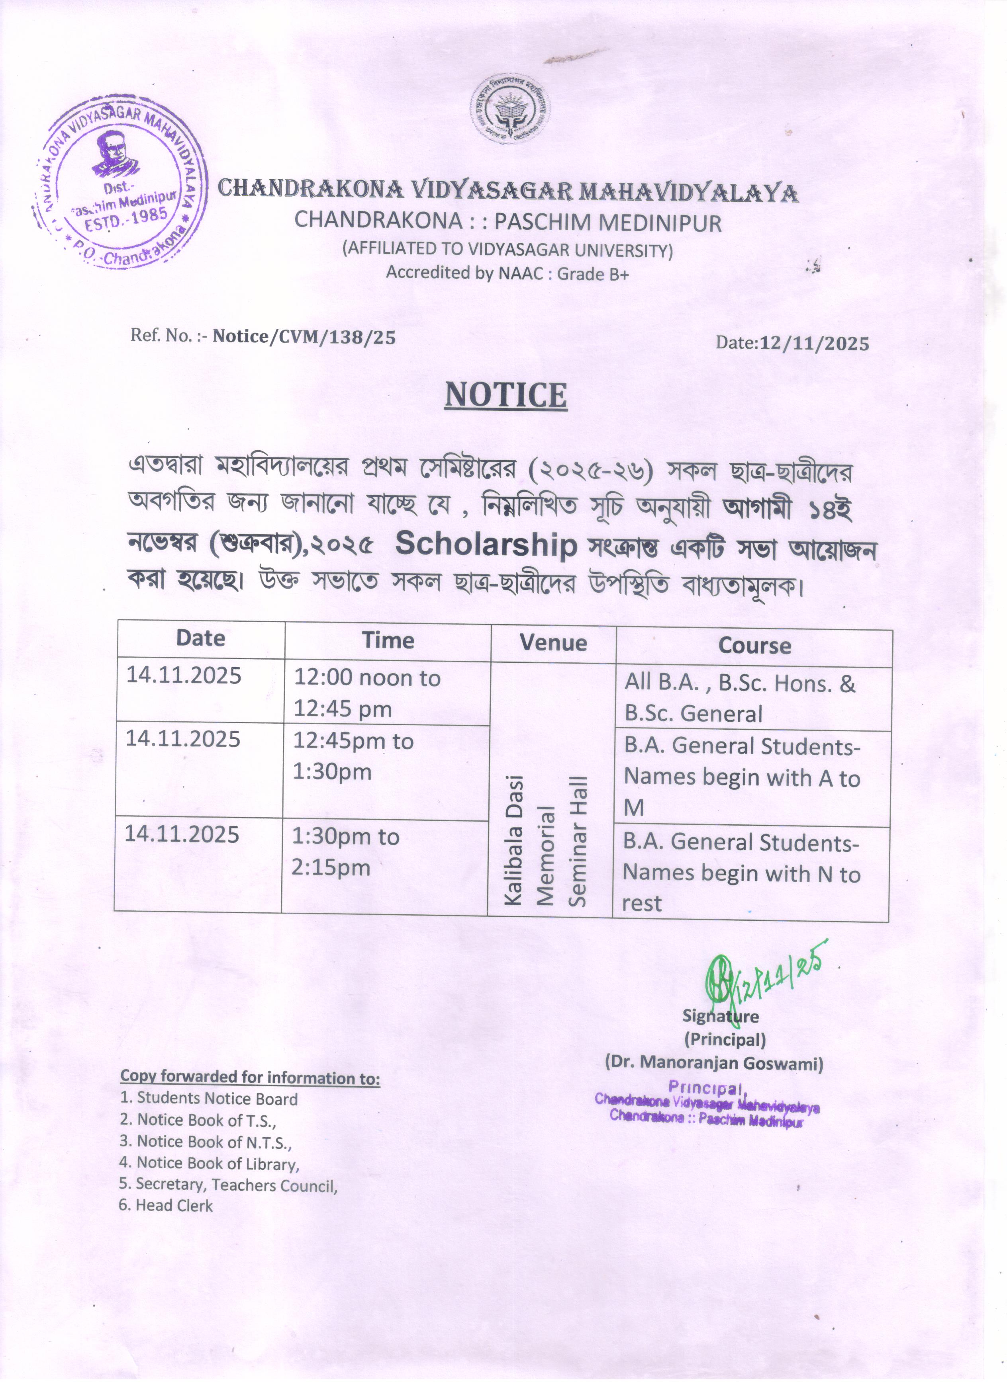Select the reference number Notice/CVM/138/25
[x=304, y=337]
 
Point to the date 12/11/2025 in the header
[x=814, y=344]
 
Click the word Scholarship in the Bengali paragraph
[x=486, y=545]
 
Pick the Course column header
[x=754, y=646]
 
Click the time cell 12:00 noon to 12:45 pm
[x=367, y=693]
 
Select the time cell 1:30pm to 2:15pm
[x=345, y=852]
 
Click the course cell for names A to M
[x=742, y=777]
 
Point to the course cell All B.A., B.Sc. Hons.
[x=739, y=698]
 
